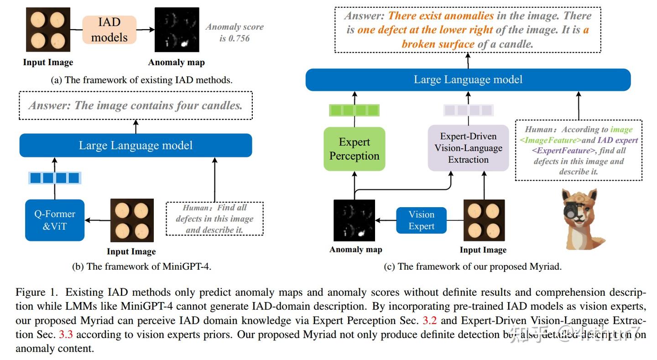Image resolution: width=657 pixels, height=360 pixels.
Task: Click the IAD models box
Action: [109, 30]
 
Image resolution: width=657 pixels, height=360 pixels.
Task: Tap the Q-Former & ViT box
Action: [55, 220]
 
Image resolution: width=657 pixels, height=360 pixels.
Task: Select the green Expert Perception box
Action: [354, 149]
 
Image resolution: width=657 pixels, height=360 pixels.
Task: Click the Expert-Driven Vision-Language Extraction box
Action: [468, 148]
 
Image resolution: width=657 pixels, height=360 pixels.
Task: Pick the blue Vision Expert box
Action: [421, 220]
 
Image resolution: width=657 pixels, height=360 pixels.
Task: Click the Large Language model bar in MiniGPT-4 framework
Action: [136, 146]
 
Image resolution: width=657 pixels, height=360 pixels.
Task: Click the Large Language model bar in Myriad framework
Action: [468, 80]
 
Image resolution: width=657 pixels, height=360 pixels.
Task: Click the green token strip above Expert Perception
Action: [354, 110]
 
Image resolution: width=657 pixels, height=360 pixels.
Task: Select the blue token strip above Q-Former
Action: [55, 177]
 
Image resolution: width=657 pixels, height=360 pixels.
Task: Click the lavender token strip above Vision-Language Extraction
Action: [468, 110]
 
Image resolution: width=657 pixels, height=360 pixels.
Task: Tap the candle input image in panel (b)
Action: [132, 220]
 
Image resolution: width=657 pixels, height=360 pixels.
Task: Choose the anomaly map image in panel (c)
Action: [354, 220]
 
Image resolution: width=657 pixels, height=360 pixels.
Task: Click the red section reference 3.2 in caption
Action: [429, 321]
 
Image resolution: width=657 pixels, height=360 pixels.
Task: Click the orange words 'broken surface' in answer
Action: [438, 44]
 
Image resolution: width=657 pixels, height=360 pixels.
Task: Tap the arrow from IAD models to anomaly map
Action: [145, 30]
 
